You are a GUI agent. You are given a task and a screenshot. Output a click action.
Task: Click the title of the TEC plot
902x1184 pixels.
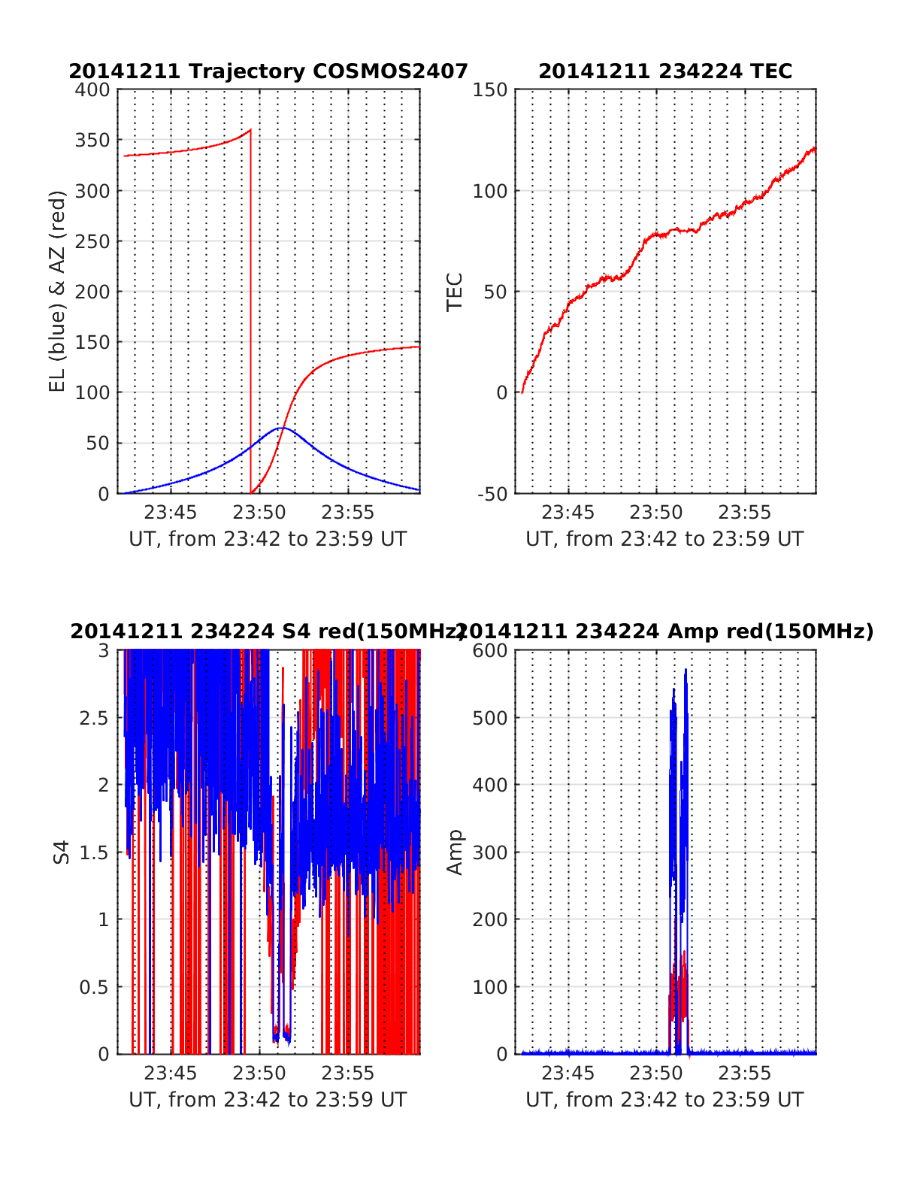tap(665, 71)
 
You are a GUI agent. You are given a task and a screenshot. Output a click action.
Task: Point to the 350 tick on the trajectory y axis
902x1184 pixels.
tap(92, 141)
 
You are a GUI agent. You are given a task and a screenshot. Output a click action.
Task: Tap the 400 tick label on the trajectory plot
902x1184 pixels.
tap(92, 90)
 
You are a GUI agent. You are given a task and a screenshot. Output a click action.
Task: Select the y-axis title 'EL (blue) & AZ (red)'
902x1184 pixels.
tap(58, 291)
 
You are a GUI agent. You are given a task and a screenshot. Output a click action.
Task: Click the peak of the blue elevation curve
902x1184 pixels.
tap(281, 428)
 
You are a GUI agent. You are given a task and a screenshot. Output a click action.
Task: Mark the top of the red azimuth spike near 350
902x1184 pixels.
tap(250, 130)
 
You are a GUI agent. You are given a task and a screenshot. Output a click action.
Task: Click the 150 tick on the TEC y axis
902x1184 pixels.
tap(489, 90)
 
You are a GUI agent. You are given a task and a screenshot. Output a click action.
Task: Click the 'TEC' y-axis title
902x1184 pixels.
tap(455, 292)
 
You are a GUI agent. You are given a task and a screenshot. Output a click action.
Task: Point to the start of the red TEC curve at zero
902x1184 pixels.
tap(522, 392)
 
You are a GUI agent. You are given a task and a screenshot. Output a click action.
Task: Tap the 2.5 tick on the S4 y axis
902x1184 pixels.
tap(95, 718)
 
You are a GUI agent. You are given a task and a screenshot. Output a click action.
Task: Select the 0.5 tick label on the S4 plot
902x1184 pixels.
tap(95, 987)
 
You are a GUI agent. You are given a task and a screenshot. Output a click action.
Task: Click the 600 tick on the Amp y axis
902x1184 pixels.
tap(489, 651)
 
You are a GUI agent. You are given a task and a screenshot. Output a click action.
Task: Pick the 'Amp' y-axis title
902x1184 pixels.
tap(455, 852)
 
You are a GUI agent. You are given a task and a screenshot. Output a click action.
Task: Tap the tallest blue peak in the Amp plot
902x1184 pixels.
tap(686, 669)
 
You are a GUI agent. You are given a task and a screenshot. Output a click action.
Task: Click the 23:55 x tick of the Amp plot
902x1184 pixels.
tap(745, 1073)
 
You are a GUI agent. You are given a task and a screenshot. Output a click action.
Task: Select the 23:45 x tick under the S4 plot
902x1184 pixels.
tap(171, 1073)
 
